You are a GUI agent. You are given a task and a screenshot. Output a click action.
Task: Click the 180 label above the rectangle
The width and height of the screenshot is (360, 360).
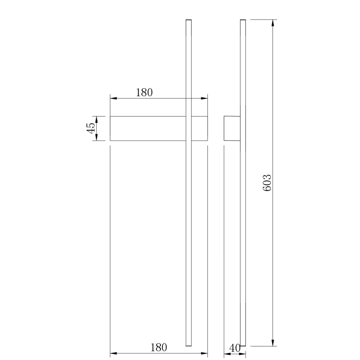144,92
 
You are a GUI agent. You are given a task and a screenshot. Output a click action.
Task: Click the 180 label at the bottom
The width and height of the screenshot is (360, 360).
158,348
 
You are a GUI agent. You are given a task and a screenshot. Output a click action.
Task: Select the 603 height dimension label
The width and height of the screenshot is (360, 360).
268,182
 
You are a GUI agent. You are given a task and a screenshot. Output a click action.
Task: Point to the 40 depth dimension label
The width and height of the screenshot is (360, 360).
235,348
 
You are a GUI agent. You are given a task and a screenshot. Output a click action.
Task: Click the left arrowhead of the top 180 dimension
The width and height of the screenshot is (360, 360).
113,98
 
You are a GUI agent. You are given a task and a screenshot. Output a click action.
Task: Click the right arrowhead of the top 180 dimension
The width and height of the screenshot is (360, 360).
204,98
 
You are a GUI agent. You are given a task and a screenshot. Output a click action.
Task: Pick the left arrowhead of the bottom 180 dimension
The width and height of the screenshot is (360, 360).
113,354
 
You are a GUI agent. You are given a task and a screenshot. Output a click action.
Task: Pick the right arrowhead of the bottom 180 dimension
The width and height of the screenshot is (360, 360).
204,354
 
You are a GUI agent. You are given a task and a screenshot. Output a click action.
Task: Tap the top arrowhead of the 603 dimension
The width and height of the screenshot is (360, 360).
272,23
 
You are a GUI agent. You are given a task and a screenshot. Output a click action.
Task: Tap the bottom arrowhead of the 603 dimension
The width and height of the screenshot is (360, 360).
272,342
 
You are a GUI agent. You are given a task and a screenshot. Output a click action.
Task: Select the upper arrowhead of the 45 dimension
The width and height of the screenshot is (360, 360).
96,119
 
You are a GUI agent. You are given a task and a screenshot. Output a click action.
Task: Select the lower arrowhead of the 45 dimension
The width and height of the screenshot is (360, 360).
96,138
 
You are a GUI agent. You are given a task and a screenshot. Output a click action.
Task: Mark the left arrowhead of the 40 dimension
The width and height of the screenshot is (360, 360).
227,355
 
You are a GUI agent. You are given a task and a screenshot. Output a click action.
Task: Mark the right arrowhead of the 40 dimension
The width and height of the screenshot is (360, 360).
243,355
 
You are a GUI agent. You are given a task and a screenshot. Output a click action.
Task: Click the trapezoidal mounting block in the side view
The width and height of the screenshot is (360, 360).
232,128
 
